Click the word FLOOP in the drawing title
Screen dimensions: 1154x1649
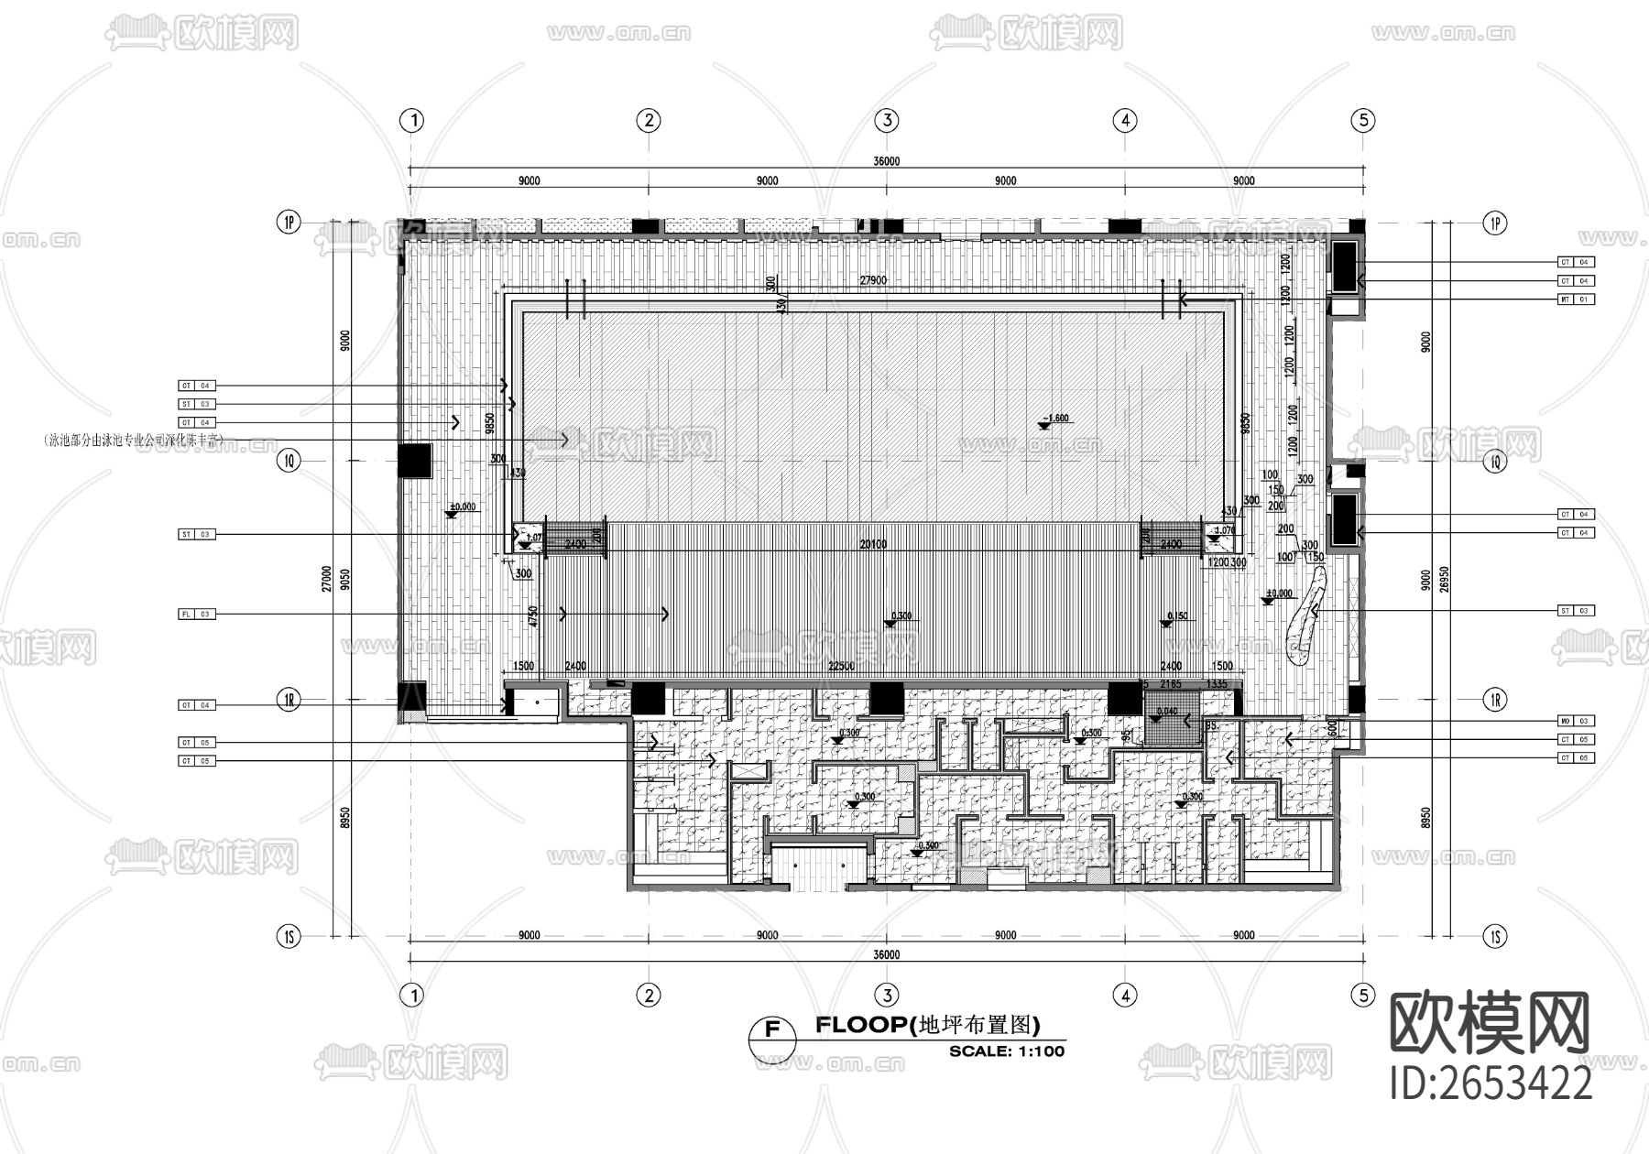[x=859, y=1025]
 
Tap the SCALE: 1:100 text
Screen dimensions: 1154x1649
[x=1007, y=1051]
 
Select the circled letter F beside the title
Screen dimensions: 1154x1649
[x=772, y=1029]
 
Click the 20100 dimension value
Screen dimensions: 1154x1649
[x=873, y=545]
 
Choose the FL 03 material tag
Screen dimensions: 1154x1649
[x=196, y=615]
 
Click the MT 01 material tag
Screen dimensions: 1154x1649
[x=1576, y=299]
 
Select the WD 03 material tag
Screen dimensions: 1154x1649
[x=1576, y=721]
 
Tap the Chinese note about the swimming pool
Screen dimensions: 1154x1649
[x=134, y=441]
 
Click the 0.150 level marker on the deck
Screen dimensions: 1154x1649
[x=1176, y=616]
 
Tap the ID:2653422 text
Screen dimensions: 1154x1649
[x=1491, y=1084]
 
